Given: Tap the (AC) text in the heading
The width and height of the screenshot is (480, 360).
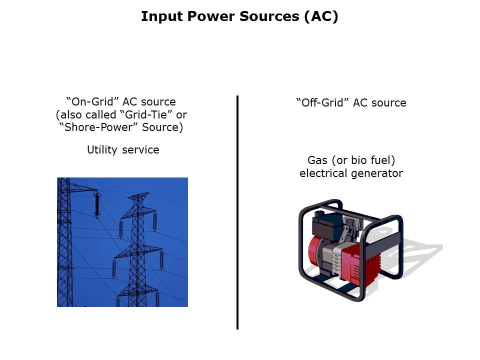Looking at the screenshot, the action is click(x=321, y=16).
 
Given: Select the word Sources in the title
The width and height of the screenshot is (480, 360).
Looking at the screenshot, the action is click(x=269, y=16).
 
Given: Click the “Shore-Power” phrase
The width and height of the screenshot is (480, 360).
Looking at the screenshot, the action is click(x=99, y=127).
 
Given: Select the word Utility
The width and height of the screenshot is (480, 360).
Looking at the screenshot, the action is click(x=102, y=149).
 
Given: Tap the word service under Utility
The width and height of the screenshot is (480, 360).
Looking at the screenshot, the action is click(x=140, y=149).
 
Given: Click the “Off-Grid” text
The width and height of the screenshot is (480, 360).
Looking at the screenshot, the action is click(x=322, y=102).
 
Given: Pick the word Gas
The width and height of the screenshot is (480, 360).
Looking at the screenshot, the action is click(x=317, y=160).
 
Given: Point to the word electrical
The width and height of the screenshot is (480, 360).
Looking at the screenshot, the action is click(x=324, y=173).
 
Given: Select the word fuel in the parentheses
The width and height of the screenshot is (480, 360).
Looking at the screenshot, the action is click(x=382, y=160).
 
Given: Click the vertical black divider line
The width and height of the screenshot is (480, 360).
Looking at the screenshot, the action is click(x=237, y=212).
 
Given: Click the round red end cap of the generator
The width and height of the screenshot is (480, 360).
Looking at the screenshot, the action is click(x=315, y=251).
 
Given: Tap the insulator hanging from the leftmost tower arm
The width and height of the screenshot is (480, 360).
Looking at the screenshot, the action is click(x=97, y=205).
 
